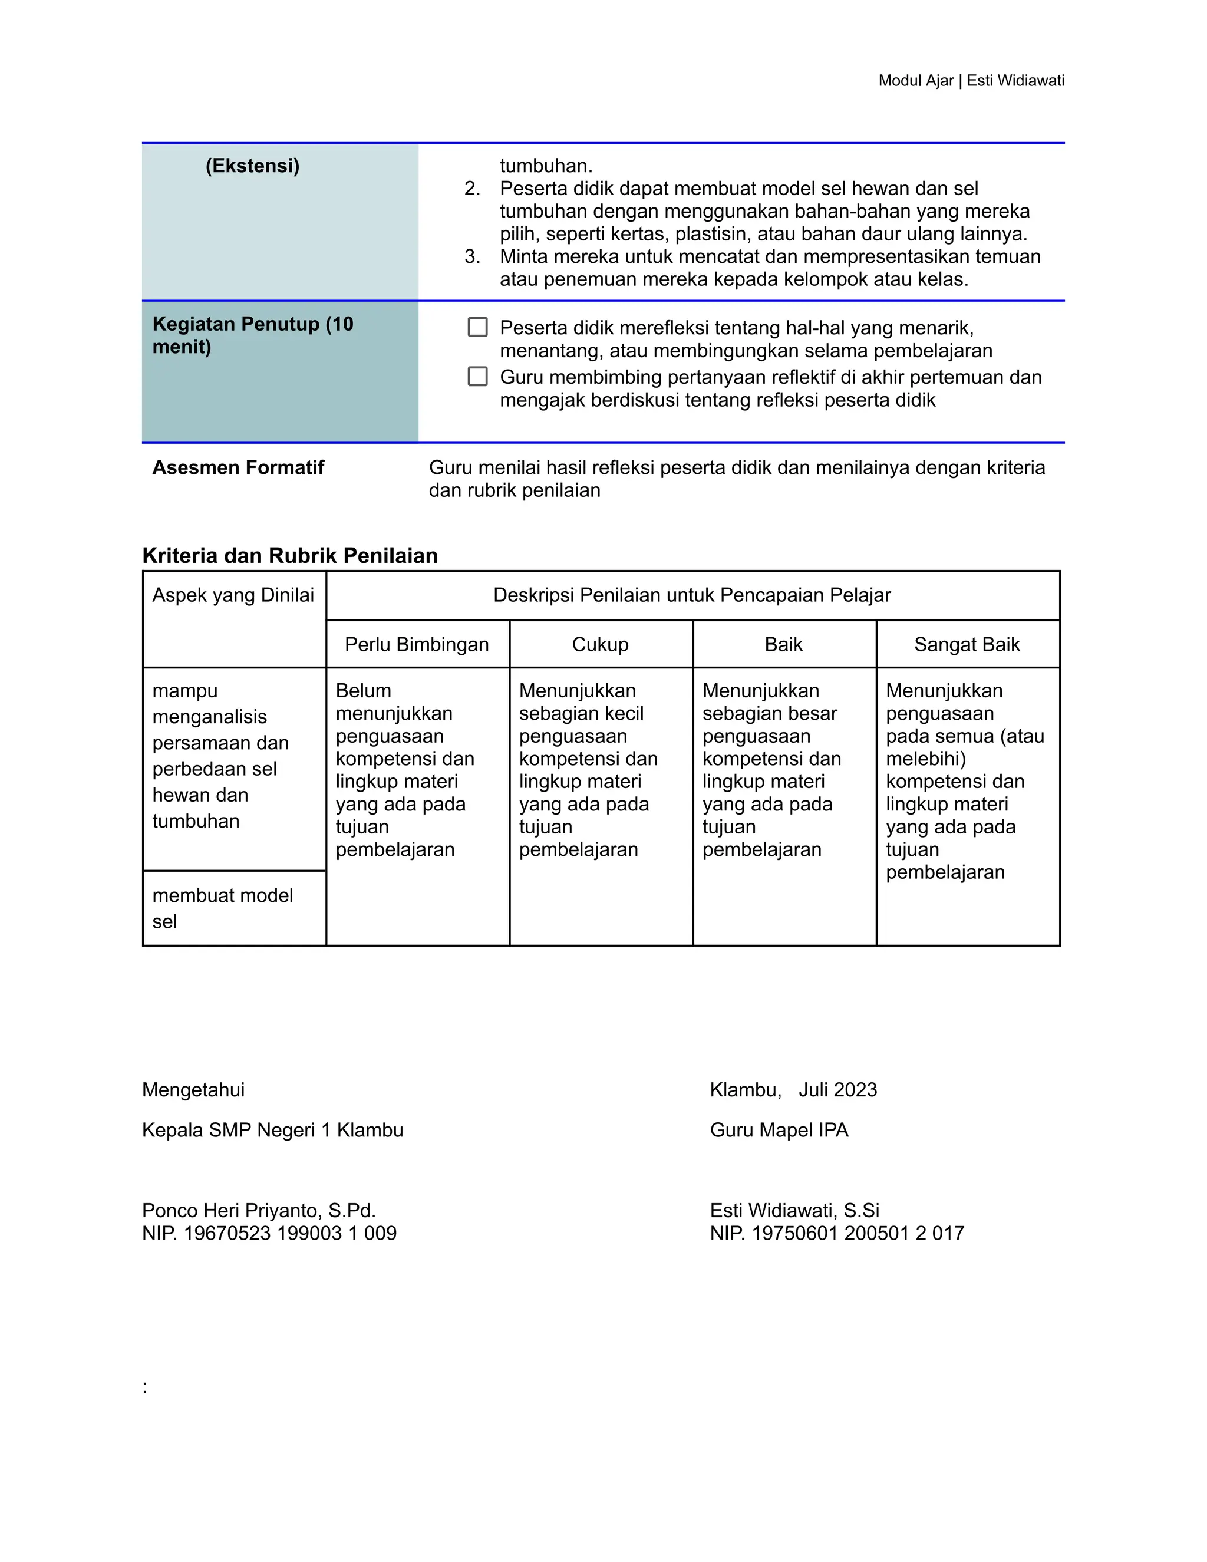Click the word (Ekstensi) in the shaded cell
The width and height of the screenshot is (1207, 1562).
click(252, 166)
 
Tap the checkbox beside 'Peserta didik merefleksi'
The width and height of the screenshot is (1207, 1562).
click(477, 328)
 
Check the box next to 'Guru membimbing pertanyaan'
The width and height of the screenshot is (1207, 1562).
click(477, 377)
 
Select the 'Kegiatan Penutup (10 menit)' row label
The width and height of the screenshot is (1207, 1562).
click(252, 335)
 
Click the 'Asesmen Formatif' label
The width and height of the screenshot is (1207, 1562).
click(238, 468)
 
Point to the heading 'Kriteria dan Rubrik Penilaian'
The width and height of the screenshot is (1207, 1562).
click(289, 556)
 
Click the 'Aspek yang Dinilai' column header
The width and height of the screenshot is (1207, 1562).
click(233, 595)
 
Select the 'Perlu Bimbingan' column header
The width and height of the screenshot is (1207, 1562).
click(417, 644)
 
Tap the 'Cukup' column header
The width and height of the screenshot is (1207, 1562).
click(600, 644)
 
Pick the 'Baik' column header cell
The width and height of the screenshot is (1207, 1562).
click(784, 644)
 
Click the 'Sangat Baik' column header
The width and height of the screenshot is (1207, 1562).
click(967, 644)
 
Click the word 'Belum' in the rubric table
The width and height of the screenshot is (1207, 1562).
click(363, 691)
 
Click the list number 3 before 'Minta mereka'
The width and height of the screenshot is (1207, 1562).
click(472, 257)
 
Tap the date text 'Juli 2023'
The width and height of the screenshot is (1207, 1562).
click(837, 1090)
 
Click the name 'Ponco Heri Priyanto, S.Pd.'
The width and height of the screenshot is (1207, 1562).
click(259, 1211)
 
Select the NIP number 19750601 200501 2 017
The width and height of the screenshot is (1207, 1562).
click(858, 1234)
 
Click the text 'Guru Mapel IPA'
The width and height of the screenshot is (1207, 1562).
click(779, 1131)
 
